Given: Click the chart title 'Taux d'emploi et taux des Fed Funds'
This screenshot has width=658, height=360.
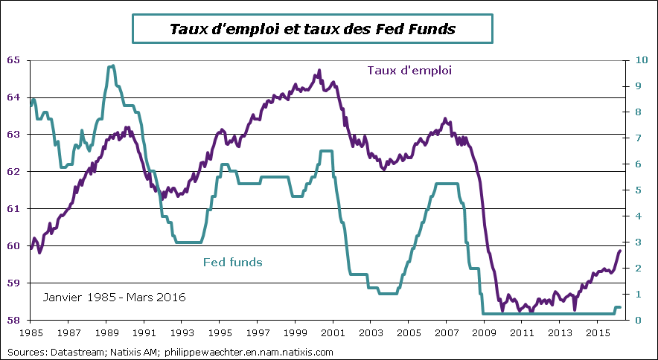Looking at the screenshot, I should point(312,30).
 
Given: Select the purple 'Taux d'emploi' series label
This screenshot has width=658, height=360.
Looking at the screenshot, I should point(409,70).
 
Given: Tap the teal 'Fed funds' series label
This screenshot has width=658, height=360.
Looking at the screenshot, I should point(232,262).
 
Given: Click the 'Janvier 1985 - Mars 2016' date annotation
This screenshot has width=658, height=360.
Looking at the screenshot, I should point(114,298).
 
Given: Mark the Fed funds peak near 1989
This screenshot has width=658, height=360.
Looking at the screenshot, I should point(111,66).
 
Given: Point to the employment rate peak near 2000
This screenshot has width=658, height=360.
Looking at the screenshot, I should point(319,71).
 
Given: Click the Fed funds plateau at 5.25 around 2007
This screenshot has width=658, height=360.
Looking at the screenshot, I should point(447,184).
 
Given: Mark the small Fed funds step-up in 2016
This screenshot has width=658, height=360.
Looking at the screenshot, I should point(618,307).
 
